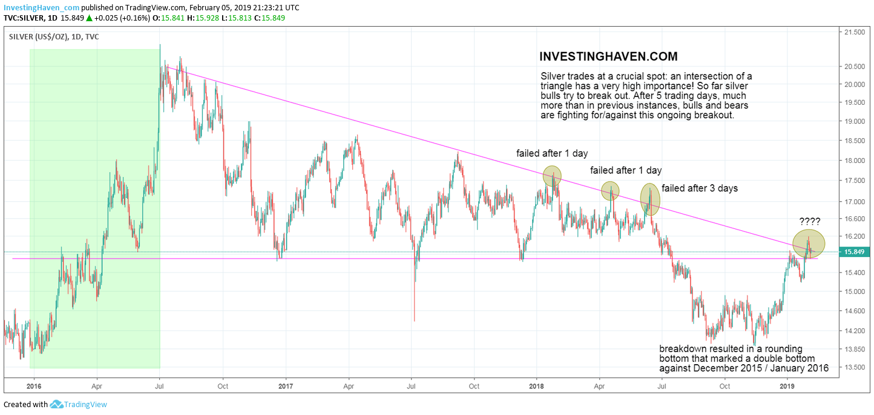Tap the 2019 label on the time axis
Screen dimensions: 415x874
click(787, 385)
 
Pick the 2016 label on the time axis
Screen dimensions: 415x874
click(34, 385)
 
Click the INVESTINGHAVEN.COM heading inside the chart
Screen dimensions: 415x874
click(608, 56)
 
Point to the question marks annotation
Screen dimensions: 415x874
click(810, 221)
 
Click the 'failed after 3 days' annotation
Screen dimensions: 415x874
click(700, 188)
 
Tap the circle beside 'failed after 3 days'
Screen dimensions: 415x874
click(649, 199)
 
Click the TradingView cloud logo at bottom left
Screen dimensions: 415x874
click(57, 404)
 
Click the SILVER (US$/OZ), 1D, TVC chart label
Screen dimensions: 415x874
click(53, 37)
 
